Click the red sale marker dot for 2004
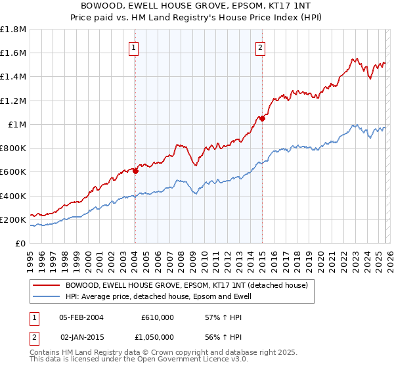point(135,171)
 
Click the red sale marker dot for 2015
point(262,118)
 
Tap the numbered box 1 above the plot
point(134,47)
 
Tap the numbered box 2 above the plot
point(261,47)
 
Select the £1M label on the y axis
point(17,124)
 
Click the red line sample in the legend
point(46,285)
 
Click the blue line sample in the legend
point(46,296)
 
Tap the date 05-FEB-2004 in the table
point(81,317)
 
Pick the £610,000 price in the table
point(157,317)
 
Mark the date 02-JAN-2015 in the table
point(81,336)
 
